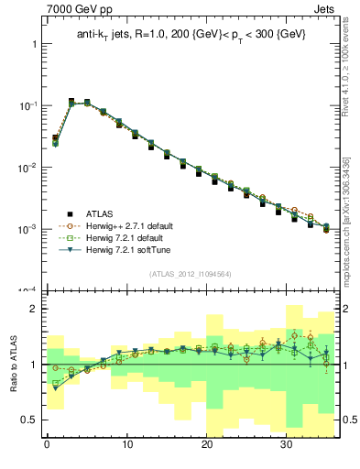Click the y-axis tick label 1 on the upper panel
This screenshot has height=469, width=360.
coord(33,44)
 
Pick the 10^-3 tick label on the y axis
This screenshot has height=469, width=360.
coord(27,229)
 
